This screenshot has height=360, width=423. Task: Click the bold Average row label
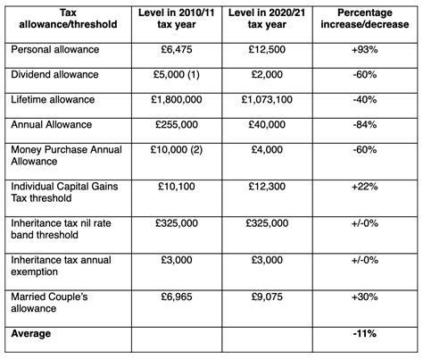[x=33, y=333]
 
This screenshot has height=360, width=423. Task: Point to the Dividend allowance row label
[x=55, y=76]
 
